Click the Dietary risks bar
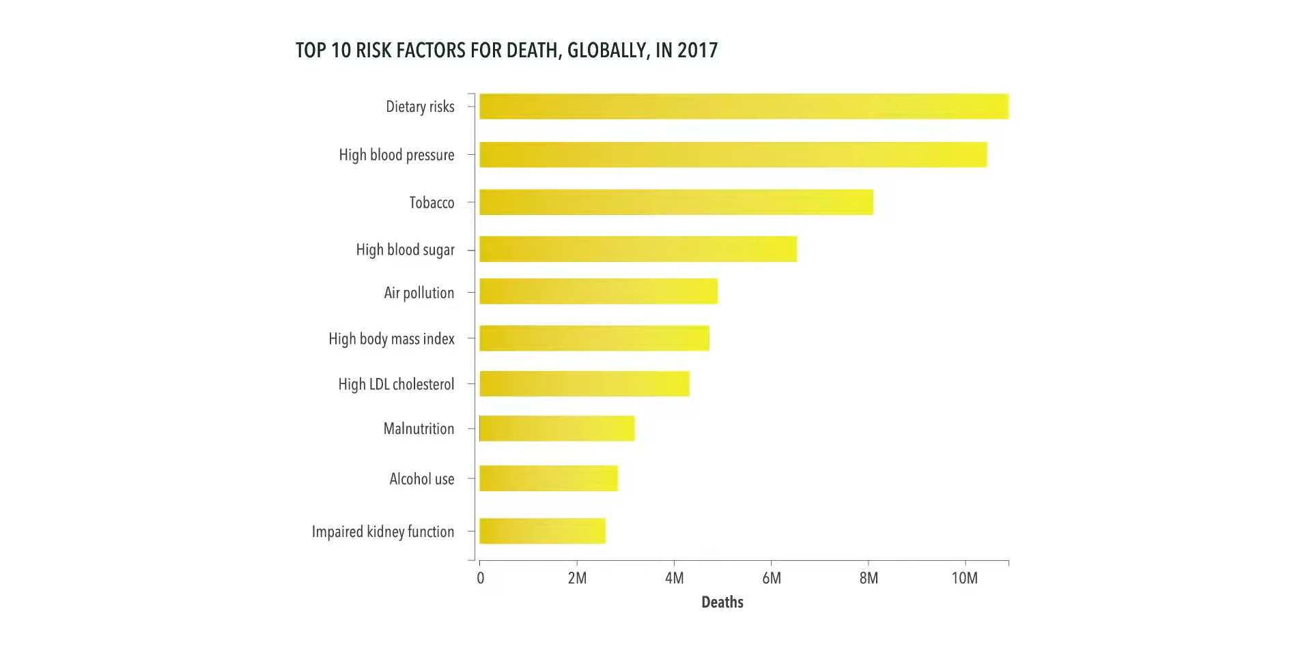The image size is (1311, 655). point(744,106)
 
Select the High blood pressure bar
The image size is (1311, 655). point(733,155)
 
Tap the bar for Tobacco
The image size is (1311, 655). point(676,202)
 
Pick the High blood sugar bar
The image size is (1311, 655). point(638,249)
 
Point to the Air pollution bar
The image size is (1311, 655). point(598,291)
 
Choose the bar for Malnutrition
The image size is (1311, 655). point(556,428)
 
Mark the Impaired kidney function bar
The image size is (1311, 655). point(542,531)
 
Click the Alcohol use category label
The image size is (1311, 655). point(421,479)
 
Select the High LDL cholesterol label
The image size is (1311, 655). point(396,384)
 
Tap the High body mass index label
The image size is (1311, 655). point(391,338)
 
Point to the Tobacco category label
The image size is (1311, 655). point(432,203)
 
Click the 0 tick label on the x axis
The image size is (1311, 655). point(480,579)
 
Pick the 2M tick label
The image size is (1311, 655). point(577,579)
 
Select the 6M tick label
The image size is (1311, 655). point(771,579)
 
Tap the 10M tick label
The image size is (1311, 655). point(964,579)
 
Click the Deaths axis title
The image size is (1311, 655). point(722,602)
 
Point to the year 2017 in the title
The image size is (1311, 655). point(697,50)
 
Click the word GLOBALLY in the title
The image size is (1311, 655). point(607,50)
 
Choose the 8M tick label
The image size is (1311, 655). point(869,579)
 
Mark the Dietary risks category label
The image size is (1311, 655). point(420,106)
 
